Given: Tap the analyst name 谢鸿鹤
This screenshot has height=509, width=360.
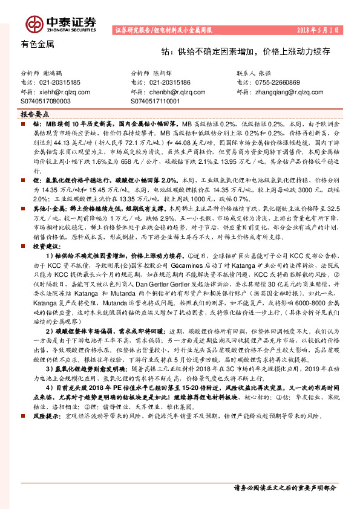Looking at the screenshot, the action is click(57, 72).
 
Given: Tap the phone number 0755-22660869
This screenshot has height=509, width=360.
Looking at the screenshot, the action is click(278, 82).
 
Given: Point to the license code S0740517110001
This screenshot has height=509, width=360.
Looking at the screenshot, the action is click(155, 102).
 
